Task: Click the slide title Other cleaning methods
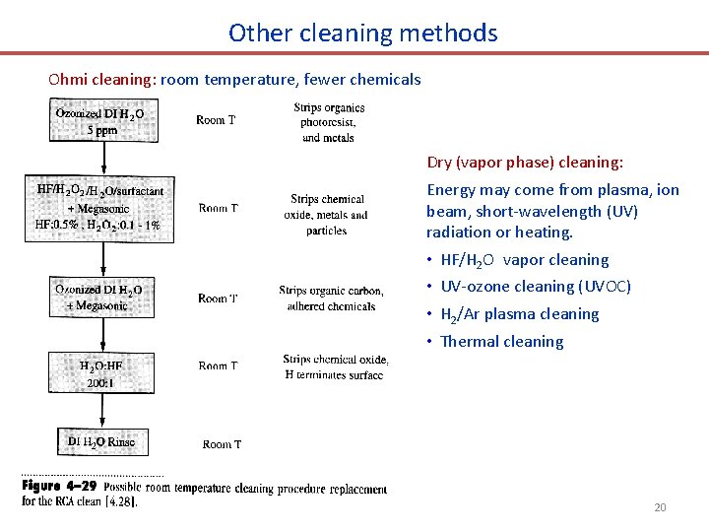[x=362, y=33]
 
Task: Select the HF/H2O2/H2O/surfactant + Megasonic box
[x=99, y=208]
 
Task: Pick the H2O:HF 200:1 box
[x=100, y=372]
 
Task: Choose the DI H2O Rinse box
[x=101, y=442]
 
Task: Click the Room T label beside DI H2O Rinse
[x=222, y=444]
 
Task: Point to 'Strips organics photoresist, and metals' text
[x=328, y=122]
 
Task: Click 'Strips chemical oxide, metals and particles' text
[x=328, y=215]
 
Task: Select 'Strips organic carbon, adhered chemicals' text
[x=327, y=298]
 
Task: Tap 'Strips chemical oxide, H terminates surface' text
[x=335, y=366]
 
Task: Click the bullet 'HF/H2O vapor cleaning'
[x=525, y=260]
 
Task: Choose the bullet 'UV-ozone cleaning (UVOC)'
[x=536, y=287]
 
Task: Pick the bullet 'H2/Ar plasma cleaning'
[x=520, y=314]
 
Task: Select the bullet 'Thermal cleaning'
[x=502, y=342]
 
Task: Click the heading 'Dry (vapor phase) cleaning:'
[x=525, y=162]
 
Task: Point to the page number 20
[x=660, y=507]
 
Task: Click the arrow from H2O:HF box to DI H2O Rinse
[x=101, y=410]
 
